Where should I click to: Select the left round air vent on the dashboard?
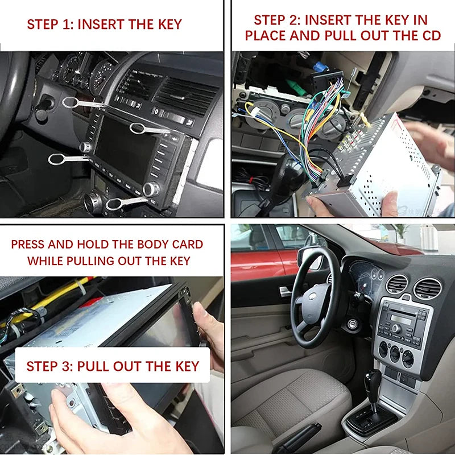tap(397, 284)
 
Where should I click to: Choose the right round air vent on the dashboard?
tap(427, 288)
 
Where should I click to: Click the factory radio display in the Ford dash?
tap(401, 318)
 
